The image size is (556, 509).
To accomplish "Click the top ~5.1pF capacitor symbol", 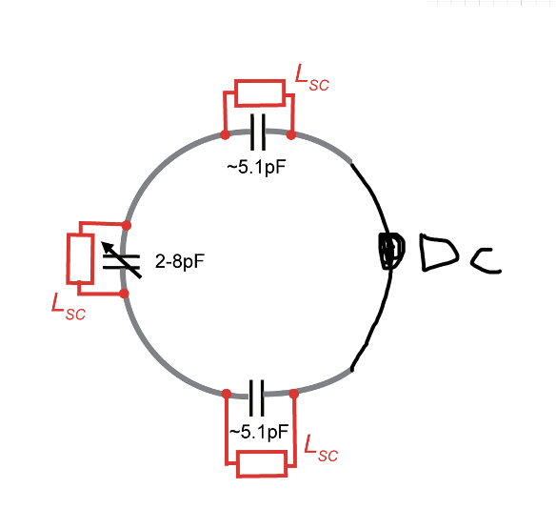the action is point(258,132).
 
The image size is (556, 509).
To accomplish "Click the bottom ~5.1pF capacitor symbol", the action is point(257,397).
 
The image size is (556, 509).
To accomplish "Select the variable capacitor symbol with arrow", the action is point(121,260).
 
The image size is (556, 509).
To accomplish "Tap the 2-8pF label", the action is point(180,261).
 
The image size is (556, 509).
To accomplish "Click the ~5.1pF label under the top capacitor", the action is point(256,167).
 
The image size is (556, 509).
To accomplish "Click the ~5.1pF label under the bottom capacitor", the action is point(259,432).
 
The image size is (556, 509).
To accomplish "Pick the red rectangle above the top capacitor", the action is point(260,93).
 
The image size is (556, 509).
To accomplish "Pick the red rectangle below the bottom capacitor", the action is point(262,463).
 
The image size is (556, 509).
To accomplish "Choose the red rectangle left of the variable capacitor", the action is point(81,258).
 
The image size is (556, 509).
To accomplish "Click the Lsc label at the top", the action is point(312,78).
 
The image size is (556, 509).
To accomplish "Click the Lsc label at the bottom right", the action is point(321,448).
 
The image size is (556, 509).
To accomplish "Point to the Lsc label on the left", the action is point(69,307).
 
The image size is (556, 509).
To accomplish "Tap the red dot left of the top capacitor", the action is point(225,135).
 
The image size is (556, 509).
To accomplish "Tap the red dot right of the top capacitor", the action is point(291,135).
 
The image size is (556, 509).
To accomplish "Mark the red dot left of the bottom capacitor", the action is point(227,394).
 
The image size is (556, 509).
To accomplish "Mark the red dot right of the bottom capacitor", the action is point(293,394).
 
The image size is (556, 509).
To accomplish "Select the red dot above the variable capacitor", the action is point(127,225).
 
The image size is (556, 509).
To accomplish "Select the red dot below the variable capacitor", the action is point(124,294).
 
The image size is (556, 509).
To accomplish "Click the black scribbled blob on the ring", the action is point(390,251).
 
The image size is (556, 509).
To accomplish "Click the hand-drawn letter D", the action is point(439,252).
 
